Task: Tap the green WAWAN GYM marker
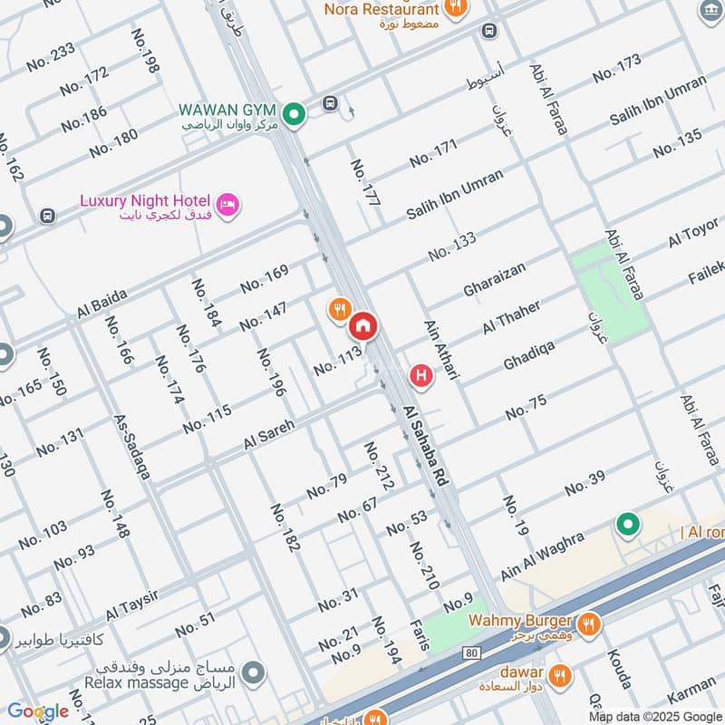click(x=293, y=115)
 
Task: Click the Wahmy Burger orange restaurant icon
click(x=588, y=623)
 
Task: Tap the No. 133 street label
click(x=452, y=246)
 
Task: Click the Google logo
click(x=38, y=711)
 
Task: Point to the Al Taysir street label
click(x=131, y=599)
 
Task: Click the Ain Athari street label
click(x=438, y=348)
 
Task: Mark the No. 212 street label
click(x=379, y=466)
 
